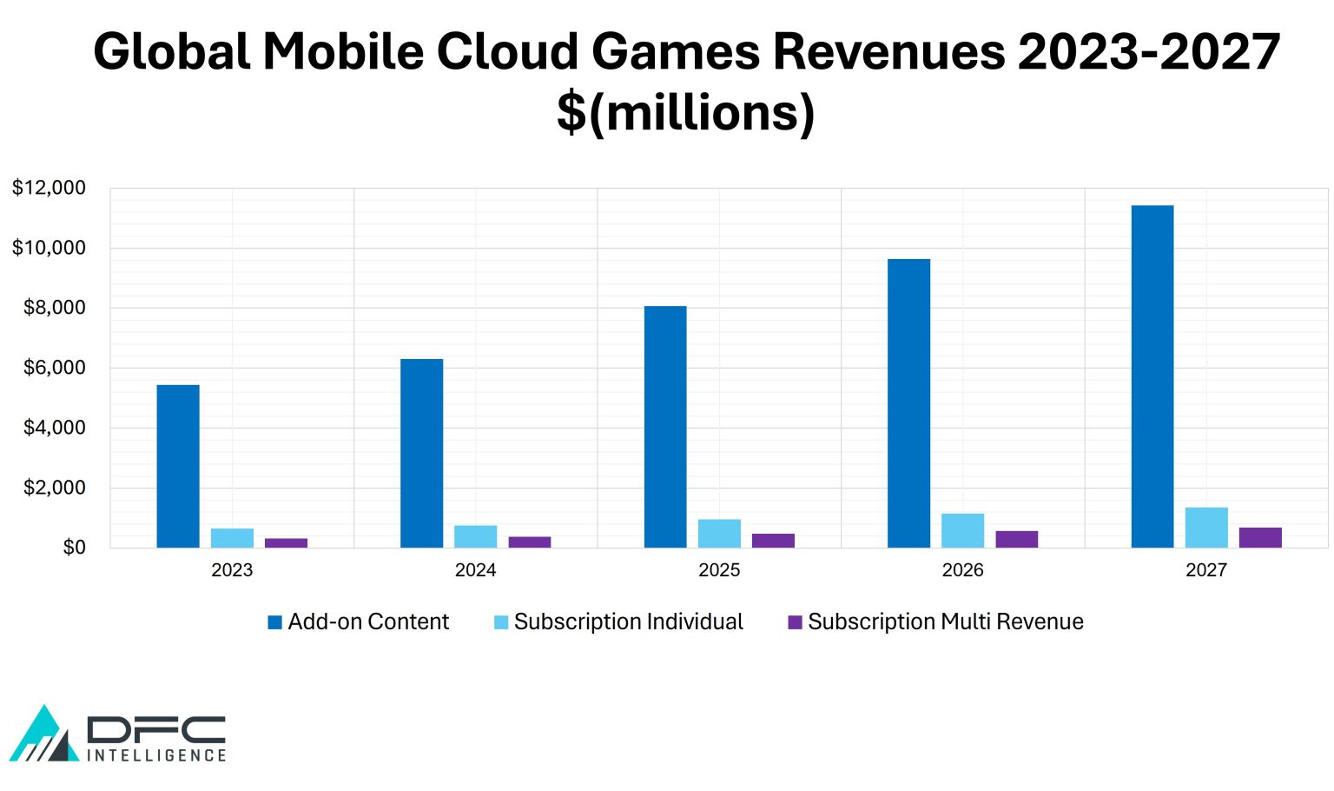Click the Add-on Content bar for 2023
click(178, 466)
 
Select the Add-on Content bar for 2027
click(1152, 376)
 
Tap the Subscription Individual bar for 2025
click(719, 534)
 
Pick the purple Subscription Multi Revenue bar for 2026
click(1016, 539)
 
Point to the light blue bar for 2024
click(475, 536)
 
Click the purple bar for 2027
click(1260, 537)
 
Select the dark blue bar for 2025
click(665, 427)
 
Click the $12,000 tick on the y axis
click(49, 188)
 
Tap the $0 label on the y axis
click(74, 548)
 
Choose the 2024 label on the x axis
click(475, 570)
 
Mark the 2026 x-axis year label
click(962, 570)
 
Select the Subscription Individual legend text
click(628, 621)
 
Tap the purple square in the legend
click(795, 622)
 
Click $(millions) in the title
click(685, 113)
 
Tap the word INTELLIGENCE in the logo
click(156, 755)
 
